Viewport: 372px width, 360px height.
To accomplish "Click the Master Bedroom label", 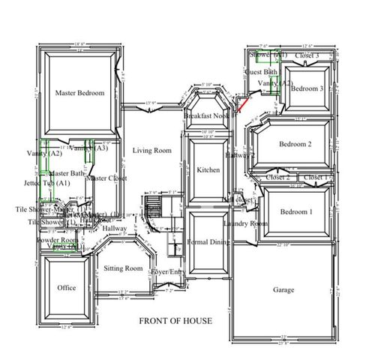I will point(79,93).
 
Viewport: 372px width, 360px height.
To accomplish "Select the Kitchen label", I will point(208,170).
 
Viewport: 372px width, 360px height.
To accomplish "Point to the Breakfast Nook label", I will point(207,117).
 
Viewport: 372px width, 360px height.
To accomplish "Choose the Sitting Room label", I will point(123,268).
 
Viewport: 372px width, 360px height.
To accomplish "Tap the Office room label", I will point(67,287).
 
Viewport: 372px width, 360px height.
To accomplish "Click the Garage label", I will point(283,289).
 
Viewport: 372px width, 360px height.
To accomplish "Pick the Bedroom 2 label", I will point(295,144).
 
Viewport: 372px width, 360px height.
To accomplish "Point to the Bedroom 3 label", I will point(307,88).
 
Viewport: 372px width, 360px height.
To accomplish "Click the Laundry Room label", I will point(245,223).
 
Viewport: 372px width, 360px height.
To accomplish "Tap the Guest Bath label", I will point(262,72).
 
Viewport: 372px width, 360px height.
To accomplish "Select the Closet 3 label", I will point(307,55).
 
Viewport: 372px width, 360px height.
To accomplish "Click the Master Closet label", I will point(106,178).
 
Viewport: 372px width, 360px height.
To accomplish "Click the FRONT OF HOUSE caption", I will point(175,321).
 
